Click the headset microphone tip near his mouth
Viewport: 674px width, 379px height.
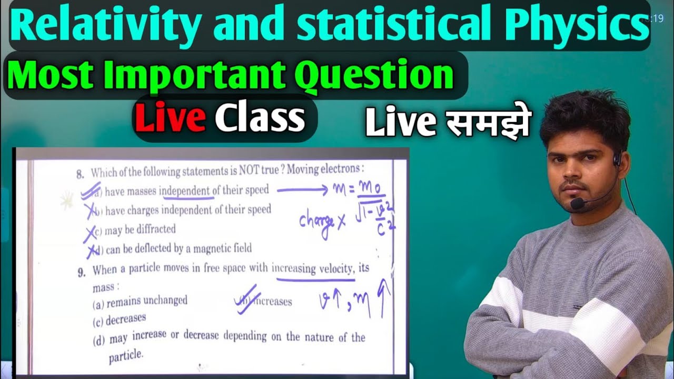(578, 203)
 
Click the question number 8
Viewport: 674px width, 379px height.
(80, 173)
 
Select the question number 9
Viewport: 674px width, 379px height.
(81, 272)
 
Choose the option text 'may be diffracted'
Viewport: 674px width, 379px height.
(140, 230)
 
